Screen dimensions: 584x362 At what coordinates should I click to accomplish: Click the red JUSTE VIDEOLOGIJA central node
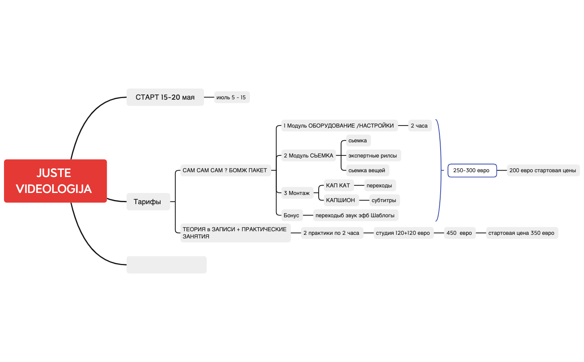(55, 181)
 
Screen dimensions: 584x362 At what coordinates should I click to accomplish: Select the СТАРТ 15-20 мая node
(165, 97)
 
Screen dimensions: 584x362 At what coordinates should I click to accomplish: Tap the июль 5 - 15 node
(232, 97)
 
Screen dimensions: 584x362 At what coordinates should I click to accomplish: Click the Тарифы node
(148, 201)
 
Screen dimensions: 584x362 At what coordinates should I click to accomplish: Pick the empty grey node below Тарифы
(167, 265)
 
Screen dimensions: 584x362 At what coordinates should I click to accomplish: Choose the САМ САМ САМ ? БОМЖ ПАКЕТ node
(225, 170)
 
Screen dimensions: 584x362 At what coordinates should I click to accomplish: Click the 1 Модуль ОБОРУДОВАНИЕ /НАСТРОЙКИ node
(339, 126)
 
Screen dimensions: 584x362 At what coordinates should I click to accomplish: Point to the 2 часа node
(420, 126)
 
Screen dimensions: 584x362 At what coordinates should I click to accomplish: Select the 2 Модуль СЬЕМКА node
(308, 155)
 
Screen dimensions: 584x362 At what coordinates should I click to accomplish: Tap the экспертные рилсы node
(373, 155)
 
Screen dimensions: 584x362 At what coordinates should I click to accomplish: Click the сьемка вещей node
(368, 170)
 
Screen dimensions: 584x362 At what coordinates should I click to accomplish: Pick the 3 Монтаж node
(297, 193)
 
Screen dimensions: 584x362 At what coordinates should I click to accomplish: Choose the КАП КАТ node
(339, 185)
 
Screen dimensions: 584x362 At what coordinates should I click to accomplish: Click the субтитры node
(384, 200)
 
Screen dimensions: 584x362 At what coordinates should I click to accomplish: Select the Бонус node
(292, 215)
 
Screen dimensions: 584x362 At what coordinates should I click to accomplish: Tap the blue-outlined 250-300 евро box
(472, 170)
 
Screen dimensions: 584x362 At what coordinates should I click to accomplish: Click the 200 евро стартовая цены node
(543, 170)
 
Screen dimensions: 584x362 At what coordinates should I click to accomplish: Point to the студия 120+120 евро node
(404, 233)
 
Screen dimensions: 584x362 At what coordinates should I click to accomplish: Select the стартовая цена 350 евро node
(522, 233)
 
